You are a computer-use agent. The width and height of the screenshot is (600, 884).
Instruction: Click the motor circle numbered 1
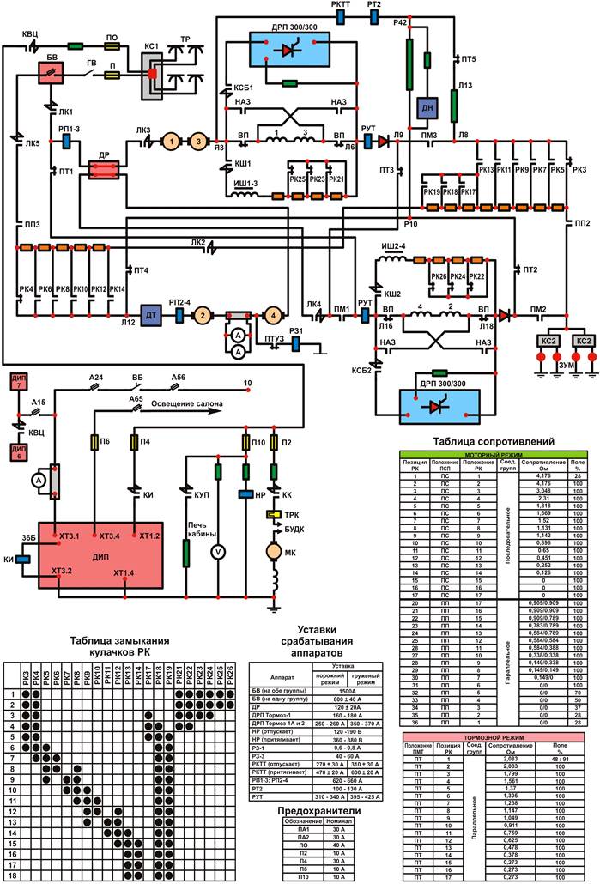pos(171,140)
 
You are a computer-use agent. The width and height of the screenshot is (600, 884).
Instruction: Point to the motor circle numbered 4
pos(272,315)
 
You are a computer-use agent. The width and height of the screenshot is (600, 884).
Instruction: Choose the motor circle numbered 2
pos(201,315)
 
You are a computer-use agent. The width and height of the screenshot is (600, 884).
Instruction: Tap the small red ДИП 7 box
pos(20,383)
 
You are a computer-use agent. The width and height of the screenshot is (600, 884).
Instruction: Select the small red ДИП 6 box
pos(20,451)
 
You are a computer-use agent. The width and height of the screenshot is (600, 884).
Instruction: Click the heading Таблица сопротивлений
pos(494,441)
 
